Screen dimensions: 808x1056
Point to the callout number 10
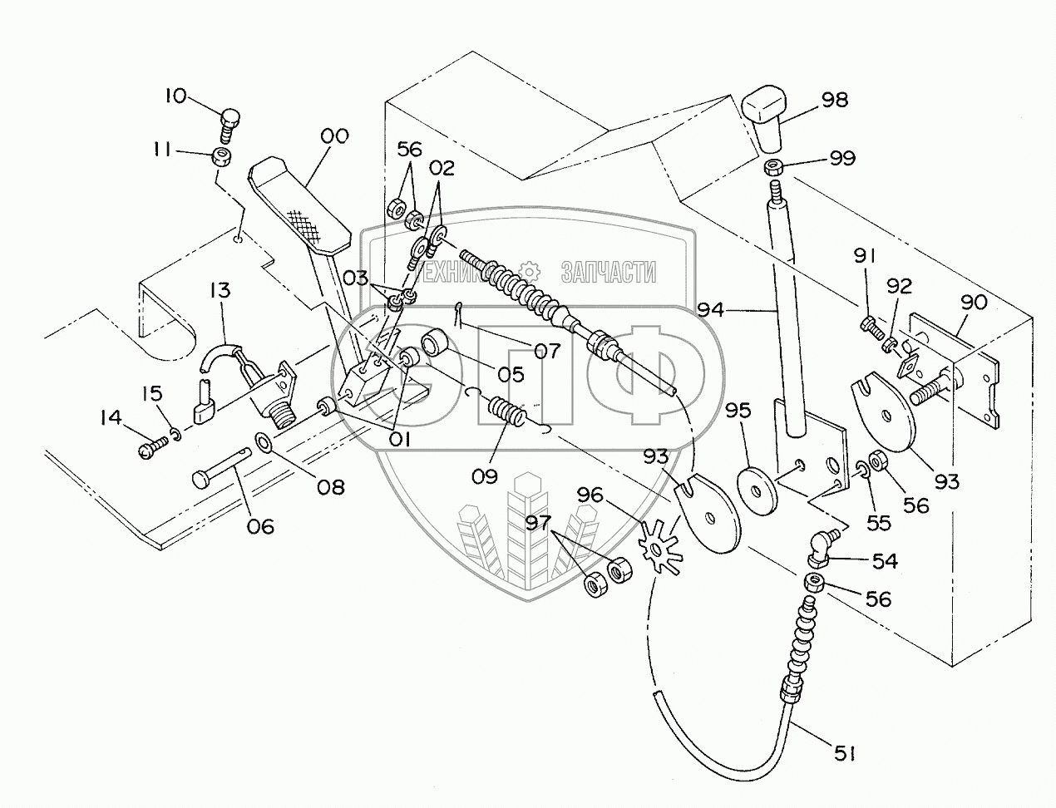175,96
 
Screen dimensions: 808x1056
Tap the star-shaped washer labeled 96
659,545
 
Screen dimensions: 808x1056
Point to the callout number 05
511,374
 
